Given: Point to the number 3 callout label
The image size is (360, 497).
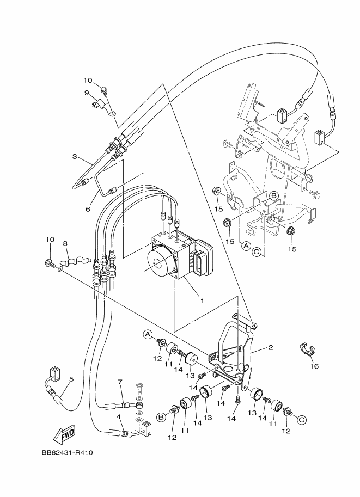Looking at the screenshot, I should coord(75,157).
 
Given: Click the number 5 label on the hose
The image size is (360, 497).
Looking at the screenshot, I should coord(71,379).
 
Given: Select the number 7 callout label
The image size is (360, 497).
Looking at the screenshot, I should coord(120,382).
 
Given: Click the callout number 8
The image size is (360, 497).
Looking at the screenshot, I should coord(65,243).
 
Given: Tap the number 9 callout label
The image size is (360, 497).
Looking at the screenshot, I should coord(87,93).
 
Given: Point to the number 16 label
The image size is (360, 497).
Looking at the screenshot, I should coord(314,366).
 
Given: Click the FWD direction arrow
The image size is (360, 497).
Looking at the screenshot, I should coord(64,434).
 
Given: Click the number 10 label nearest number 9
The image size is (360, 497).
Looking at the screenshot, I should coord(88,81).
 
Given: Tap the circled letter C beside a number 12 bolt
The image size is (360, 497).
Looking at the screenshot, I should coord(302,419).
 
